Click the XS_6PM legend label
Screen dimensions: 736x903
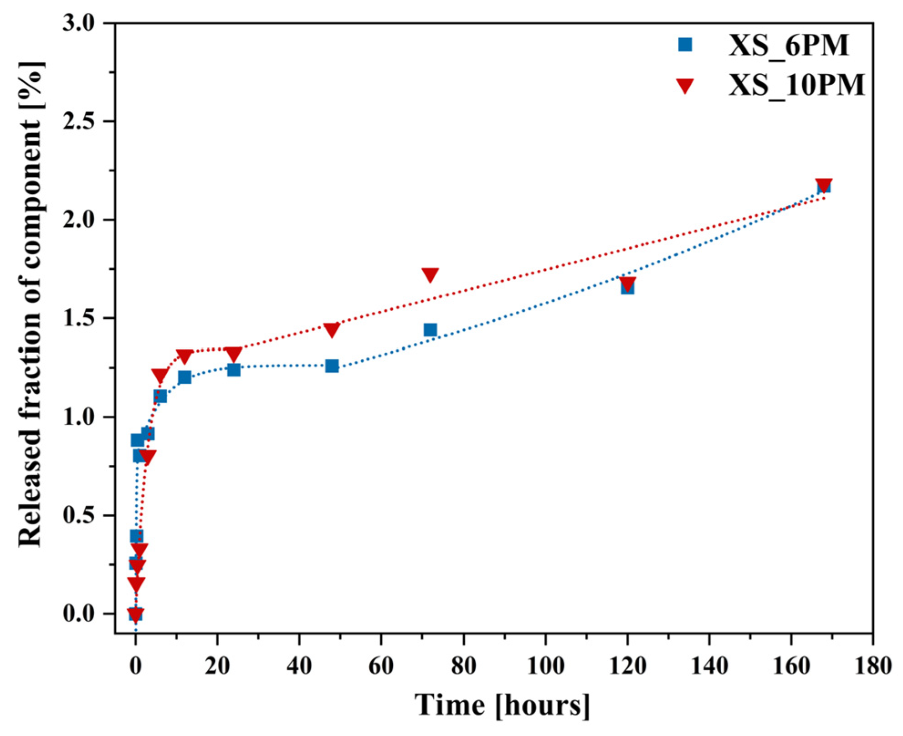click(789, 46)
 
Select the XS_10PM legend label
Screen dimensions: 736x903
click(796, 85)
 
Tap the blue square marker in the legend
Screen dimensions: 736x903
click(685, 45)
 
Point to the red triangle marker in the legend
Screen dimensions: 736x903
click(685, 86)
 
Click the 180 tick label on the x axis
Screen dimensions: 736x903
click(872, 667)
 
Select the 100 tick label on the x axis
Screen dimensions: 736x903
click(545, 667)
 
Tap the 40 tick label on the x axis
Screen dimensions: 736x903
click(299, 667)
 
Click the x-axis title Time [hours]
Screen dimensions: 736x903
click(502, 706)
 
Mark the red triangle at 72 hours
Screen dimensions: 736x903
click(430, 274)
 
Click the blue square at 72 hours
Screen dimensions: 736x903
click(430, 329)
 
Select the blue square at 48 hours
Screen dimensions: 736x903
click(332, 365)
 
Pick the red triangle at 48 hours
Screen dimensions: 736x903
click(332, 329)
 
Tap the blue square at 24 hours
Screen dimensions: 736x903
click(234, 370)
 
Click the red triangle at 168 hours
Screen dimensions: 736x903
click(824, 185)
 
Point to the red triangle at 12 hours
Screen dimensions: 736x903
click(185, 356)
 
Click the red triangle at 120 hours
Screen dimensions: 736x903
click(627, 283)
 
